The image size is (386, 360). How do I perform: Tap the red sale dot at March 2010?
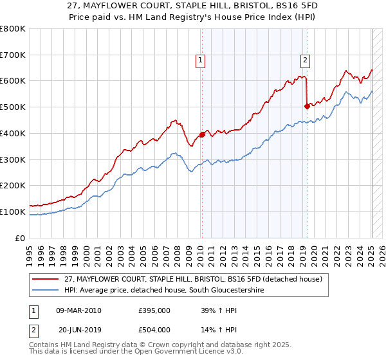tap(202, 134)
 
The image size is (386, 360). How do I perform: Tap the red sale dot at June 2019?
tap(307, 106)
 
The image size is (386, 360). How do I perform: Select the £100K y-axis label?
tap(14, 212)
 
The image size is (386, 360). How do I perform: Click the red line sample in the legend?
tap(46, 279)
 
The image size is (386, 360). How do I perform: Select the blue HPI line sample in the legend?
tap(46, 290)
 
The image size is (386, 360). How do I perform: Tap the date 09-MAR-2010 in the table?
tap(78, 311)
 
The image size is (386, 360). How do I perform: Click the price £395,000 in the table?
tap(154, 311)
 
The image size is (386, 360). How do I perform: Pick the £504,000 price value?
tap(154, 329)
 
